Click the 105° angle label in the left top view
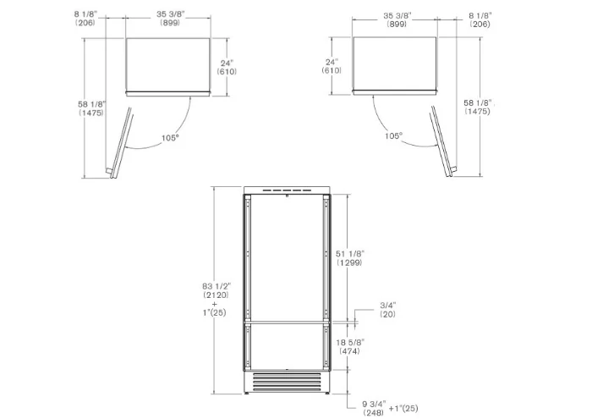coord(170,138)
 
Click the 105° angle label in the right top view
coord(394,135)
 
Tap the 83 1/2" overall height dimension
coord(216,286)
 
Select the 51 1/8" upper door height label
coord(350,253)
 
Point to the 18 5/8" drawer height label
coord(350,342)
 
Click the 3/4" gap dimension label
coord(387,306)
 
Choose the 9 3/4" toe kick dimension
coord(374,404)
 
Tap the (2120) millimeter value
coord(216,295)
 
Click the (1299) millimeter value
coord(349,262)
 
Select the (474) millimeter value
coord(349,351)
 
